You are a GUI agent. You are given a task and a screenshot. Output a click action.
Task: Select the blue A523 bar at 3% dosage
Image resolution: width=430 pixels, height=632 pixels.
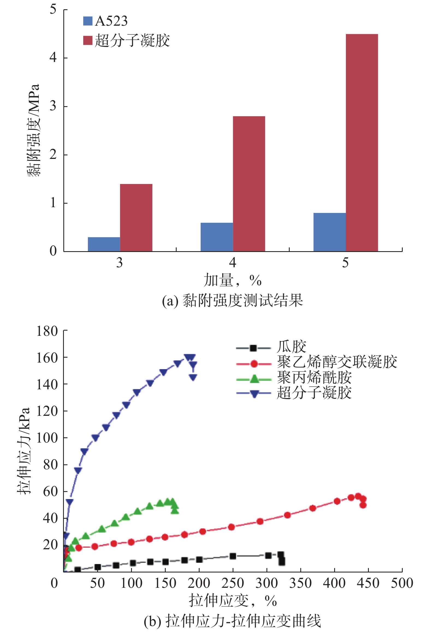[104, 244]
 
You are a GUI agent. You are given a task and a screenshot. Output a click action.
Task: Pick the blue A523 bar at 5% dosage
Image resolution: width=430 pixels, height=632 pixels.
[329, 232]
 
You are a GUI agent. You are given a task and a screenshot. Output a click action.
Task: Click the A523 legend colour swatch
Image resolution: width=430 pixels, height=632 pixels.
[88, 21]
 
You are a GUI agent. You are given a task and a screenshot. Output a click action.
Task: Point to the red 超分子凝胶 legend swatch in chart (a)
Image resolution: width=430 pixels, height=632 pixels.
[88, 40]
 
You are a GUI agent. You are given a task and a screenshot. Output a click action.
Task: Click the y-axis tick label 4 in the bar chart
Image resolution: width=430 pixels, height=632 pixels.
[53, 58]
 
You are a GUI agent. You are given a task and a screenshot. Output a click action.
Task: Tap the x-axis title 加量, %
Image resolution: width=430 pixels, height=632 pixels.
[233, 280]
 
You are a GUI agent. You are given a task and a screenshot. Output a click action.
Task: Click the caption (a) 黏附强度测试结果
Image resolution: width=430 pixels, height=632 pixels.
[233, 301]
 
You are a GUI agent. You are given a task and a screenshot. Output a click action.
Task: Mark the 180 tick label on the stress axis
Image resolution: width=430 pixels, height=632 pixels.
[47, 331]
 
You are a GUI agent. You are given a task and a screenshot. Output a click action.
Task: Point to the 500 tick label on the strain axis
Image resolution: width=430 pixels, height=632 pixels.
[402, 583]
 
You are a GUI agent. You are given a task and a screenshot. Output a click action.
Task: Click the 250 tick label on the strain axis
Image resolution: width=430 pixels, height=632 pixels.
[233, 583]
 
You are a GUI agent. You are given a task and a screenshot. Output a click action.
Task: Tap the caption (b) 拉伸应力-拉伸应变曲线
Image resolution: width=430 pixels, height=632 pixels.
[233, 621]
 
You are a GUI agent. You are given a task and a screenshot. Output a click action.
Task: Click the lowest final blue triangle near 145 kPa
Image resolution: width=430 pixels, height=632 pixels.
[193, 377]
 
